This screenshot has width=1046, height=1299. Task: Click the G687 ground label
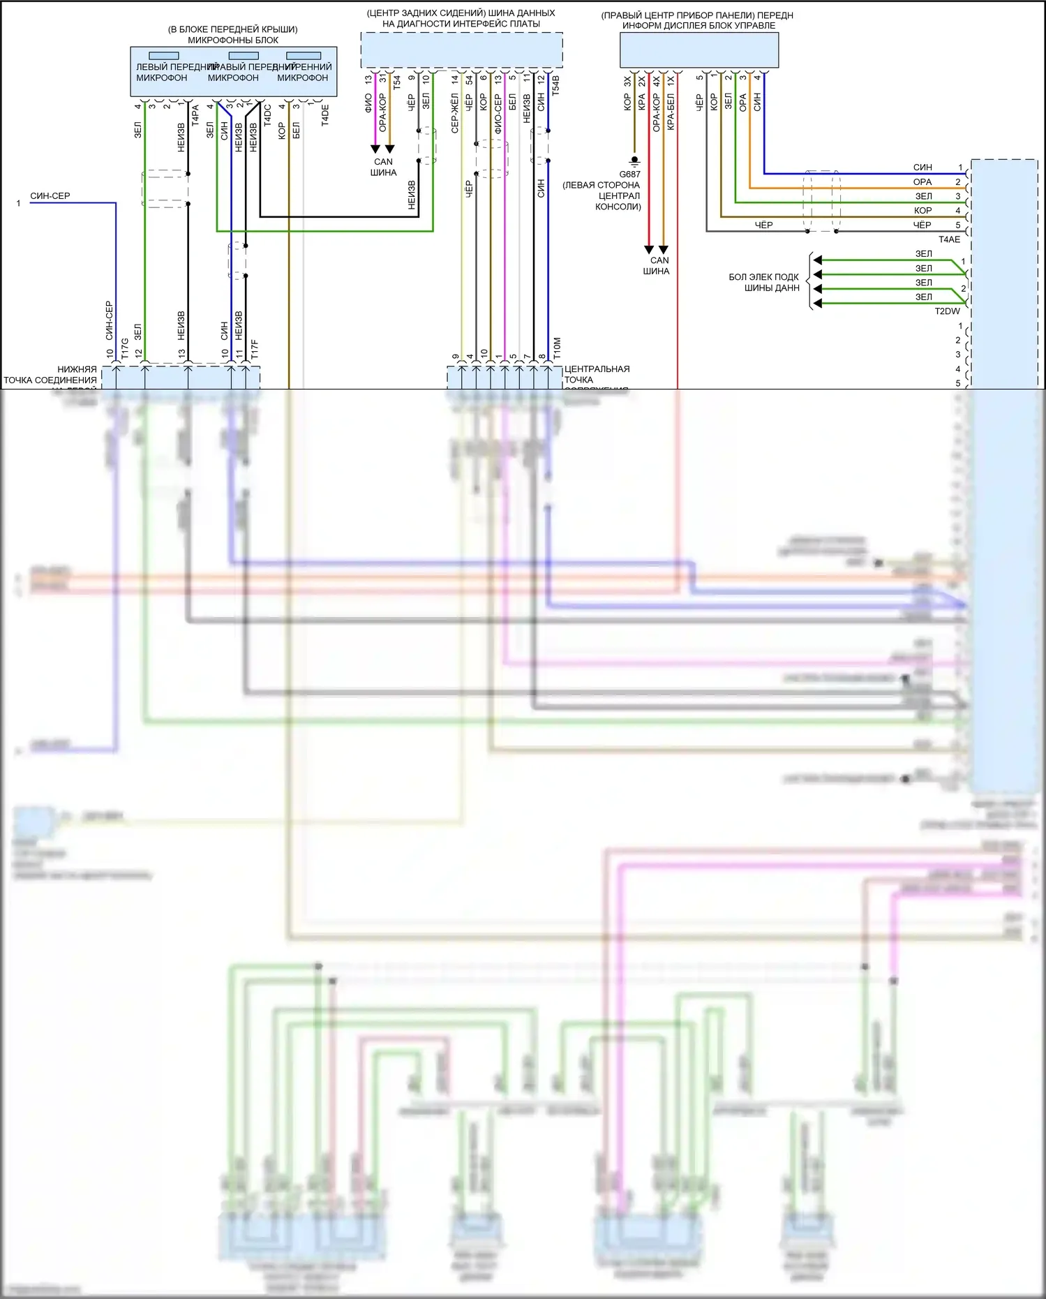(629, 175)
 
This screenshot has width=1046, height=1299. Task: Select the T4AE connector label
(949, 239)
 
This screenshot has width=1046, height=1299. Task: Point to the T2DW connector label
(947, 311)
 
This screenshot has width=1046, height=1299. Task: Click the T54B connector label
(556, 84)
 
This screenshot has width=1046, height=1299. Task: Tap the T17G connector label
(125, 349)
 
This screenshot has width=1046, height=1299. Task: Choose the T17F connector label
(255, 350)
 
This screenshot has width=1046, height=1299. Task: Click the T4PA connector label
(195, 115)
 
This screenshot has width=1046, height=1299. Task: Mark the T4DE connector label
(325, 115)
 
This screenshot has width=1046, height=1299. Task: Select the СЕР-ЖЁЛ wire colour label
(455, 113)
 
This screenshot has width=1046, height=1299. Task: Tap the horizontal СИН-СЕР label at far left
(50, 196)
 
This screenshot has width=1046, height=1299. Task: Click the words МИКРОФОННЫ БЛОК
(233, 40)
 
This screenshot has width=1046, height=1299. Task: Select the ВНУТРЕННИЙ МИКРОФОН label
(303, 73)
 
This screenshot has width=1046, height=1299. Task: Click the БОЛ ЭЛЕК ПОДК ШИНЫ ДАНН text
(764, 283)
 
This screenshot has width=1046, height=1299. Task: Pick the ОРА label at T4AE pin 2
(922, 181)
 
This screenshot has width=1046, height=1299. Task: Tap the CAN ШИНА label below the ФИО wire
(383, 167)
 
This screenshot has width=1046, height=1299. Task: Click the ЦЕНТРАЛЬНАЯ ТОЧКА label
(597, 374)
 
